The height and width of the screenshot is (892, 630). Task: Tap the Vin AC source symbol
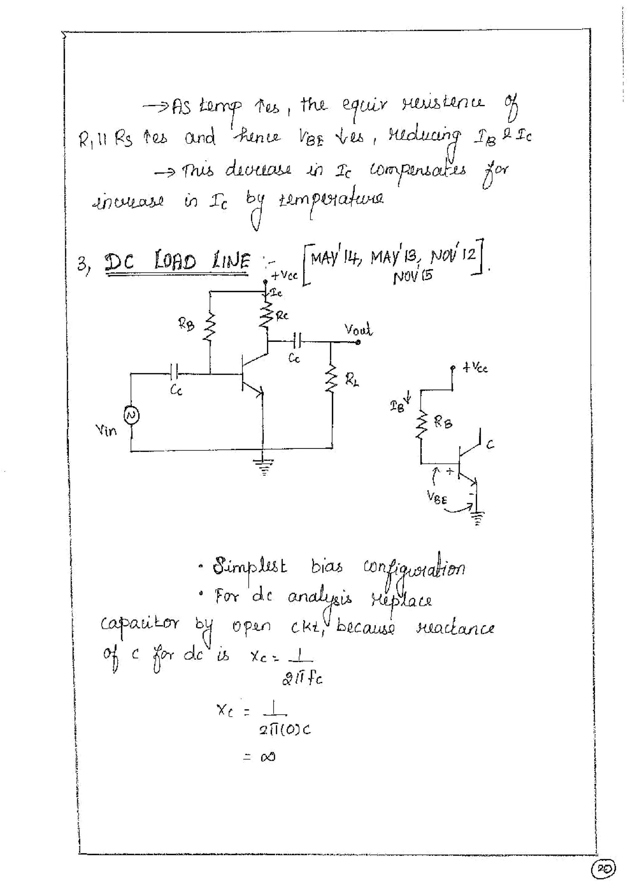[131, 416]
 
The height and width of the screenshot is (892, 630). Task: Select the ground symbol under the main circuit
[263, 466]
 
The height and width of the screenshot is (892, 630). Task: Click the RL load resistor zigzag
[332, 379]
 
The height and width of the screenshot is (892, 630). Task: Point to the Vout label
[358, 330]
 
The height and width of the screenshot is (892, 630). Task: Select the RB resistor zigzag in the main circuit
[210, 329]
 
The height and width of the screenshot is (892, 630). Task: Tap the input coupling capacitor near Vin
[174, 373]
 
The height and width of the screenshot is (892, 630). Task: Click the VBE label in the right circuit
[437, 497]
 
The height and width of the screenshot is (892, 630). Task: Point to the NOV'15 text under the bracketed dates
[413, 277]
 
